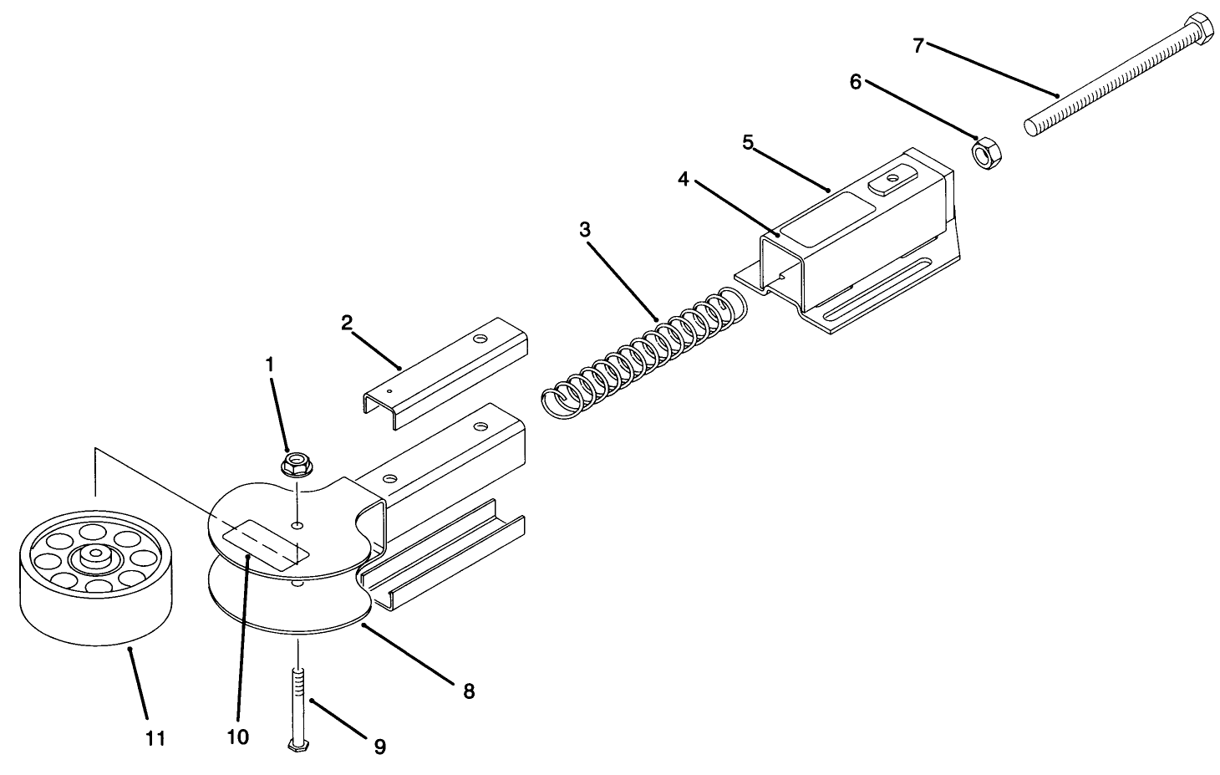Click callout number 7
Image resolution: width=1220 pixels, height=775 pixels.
tap(918, 45)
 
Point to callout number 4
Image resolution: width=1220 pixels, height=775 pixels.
tap(684, 180)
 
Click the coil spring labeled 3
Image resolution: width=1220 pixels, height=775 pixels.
tap(643, 349)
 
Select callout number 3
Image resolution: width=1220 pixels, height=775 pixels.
tap(584, 229)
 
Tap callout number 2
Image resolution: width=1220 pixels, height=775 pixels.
tap(346, 322)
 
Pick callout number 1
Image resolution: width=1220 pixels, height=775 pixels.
tap(269, 365)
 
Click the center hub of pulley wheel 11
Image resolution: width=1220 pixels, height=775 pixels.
tap(97, 556)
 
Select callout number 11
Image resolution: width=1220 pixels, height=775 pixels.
tap(155, 738)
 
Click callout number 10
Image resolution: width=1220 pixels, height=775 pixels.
tap(237, 736)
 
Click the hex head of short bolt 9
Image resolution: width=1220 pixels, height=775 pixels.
tap(295, 746)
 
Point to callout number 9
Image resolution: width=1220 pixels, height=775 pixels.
tap(379, 746)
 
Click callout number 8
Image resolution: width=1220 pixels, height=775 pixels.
tap(468, 691)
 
